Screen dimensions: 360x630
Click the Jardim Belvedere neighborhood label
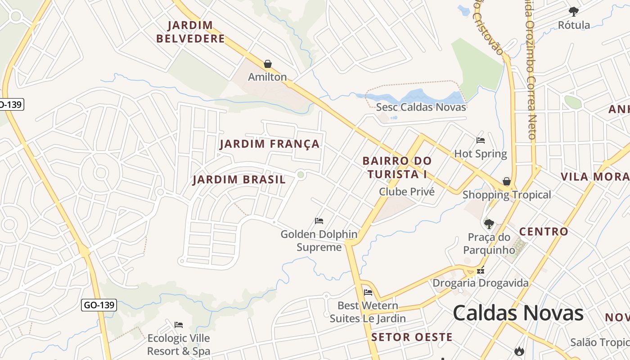pyautogui.click(x=190, y=32)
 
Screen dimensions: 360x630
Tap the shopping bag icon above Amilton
pyautogui.click(x=268, y=64)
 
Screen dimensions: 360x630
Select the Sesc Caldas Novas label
pyautogui.click(x=421, y=107)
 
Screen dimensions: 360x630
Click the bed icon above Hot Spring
pyautogui.click(x=481, y=140)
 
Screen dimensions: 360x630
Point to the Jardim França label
pyautogui.click(x=270, y=144)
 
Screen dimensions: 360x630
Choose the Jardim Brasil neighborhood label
pyautogui.click(x=239, y=180)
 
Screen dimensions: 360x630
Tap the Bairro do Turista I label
pyautogui.click(x=396, y=167)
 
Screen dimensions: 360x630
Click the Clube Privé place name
pyautogui.click(x=407, y=192)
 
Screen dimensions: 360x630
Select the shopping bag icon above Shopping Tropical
pyautogui.click(x=507, y=181)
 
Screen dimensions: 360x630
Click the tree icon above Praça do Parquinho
pyautogui.click(x=489, y=224)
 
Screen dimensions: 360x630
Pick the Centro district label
pyautogui.click(x=544, y=232)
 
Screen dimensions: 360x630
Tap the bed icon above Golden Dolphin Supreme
pyautogui.click(x=319, y=221)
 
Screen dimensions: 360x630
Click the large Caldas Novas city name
pyautogui.click(x=518, y=313)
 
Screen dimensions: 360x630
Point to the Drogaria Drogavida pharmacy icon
pyautogui.click(x=481, y=270)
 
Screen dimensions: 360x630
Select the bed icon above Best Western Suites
pyautogui.click(x=368, y=292)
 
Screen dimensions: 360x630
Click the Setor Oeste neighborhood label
pyautogui.click(x=412, y=337)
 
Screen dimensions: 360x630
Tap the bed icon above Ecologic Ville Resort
pyautogui.click(x=179, y=325)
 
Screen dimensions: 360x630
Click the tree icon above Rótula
pyautogui.click(x=574, y=11)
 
